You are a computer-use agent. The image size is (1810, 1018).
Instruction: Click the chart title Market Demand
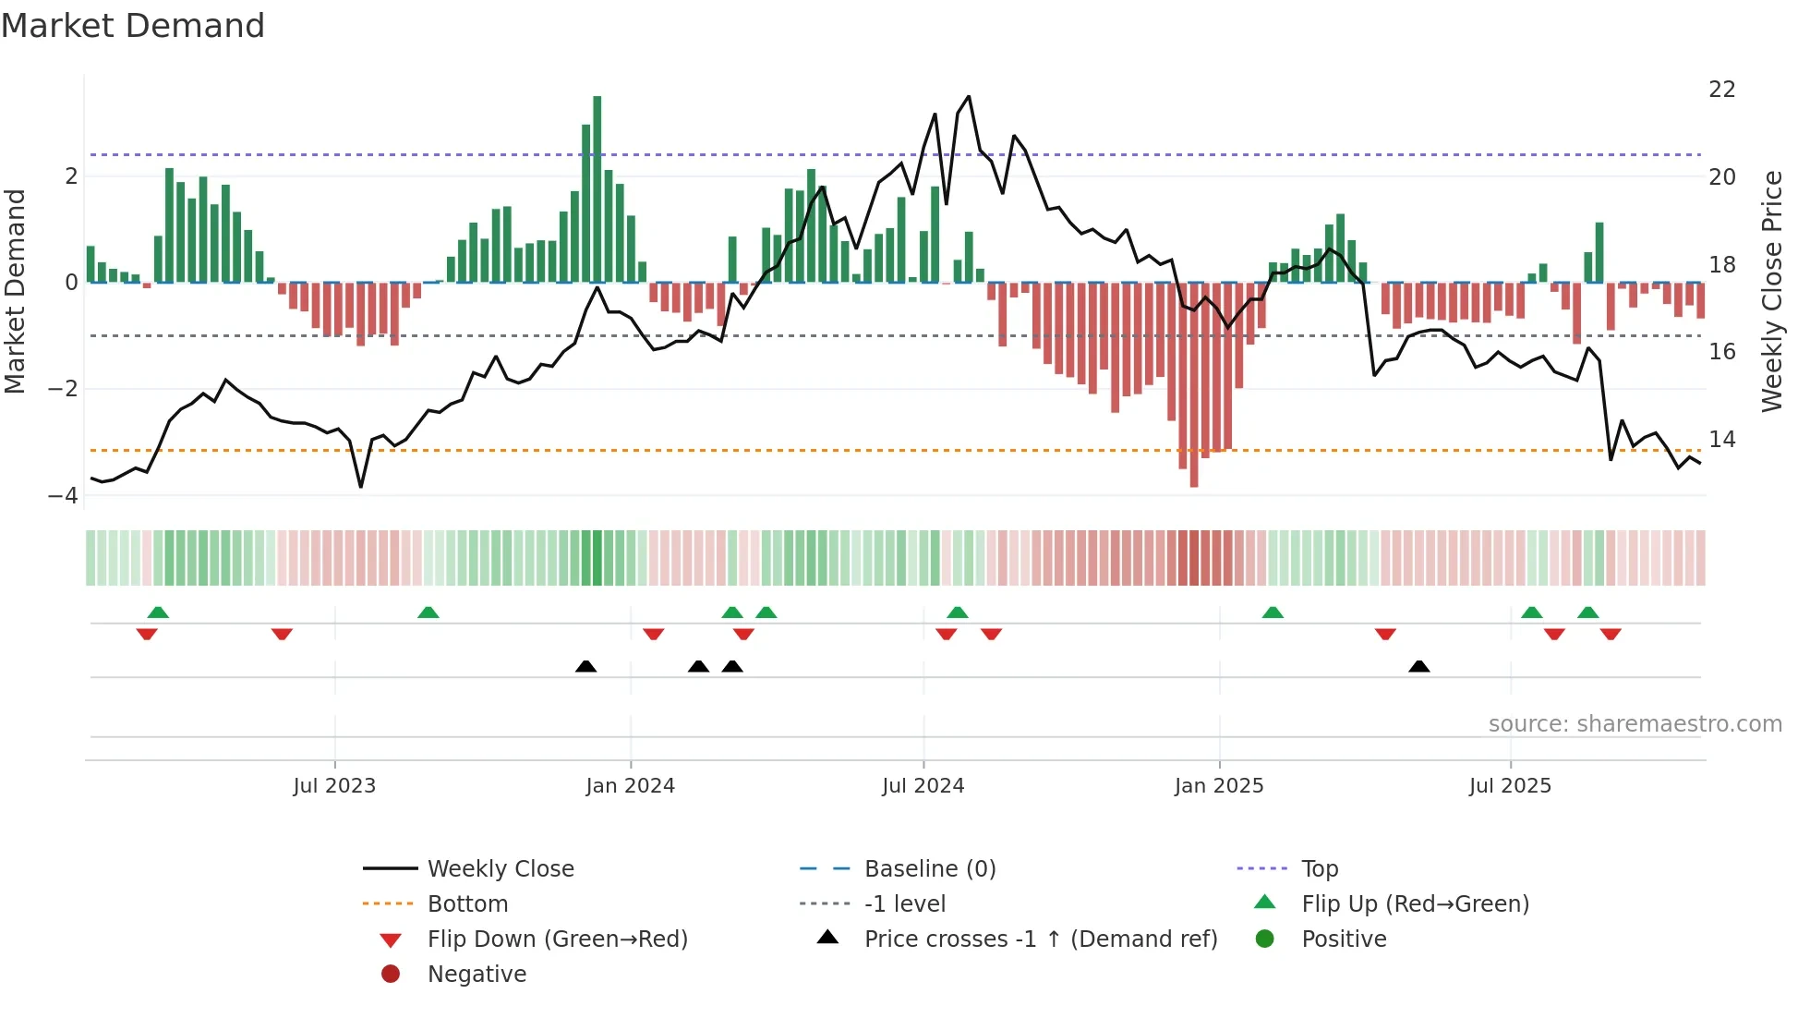coord(133,26)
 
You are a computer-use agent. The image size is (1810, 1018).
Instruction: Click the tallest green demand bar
coord(597,189)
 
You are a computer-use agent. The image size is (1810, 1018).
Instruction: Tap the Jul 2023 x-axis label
coord(334,786)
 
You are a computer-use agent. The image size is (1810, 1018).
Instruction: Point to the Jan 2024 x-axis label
coord(631,786)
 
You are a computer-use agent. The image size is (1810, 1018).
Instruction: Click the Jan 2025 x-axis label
coord(1219,786)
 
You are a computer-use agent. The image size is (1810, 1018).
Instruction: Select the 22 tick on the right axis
coord(1722,90)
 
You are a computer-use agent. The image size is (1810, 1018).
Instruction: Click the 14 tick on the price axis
coord(1722,440)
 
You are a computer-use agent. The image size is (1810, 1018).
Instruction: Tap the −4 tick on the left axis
coord(63,496)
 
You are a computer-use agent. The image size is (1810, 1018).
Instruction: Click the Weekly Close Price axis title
coord(1771,291)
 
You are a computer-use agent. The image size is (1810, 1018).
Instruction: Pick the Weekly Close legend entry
coord(500,869)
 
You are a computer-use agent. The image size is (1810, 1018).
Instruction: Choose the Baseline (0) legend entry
coord(929,869)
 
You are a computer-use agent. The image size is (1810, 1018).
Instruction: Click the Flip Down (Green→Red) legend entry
coord(557,939)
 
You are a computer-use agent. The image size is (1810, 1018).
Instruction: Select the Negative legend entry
coord(477,975)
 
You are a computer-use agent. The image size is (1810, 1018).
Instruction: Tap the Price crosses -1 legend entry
coord(1040,939)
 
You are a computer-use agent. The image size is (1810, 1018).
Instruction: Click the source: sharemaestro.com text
coord(1635,724)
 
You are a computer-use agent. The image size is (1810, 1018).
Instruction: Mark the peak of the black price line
coord(969,96)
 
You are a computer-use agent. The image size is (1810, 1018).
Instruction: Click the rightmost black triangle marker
coord(1419,666)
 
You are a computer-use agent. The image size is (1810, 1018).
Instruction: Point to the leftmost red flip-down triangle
coord(147,634)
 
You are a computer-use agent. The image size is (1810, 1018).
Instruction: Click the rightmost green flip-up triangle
coord(1588,612)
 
